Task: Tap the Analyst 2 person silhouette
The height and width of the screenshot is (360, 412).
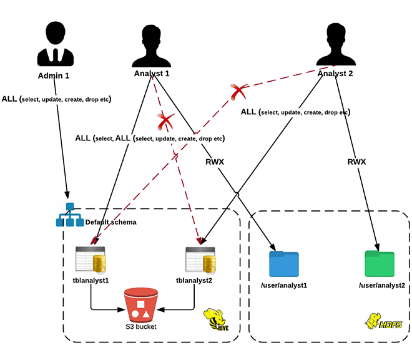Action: tap(336, 44)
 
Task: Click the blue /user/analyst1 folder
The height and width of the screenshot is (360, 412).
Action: tap(284, 264)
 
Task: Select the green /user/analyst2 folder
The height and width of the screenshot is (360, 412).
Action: tap(380, 263)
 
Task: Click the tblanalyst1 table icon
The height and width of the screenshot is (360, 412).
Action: tap(89, 260)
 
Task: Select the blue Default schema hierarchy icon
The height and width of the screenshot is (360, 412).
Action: tap(69, 216)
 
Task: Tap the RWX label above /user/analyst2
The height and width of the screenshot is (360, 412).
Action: tap(357, 162)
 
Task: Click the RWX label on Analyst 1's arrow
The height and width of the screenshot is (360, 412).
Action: tap(215, 162)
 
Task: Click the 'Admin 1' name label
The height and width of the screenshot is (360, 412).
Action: tap(54, 75)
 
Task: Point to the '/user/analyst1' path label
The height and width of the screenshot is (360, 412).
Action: tap(285, 285)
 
